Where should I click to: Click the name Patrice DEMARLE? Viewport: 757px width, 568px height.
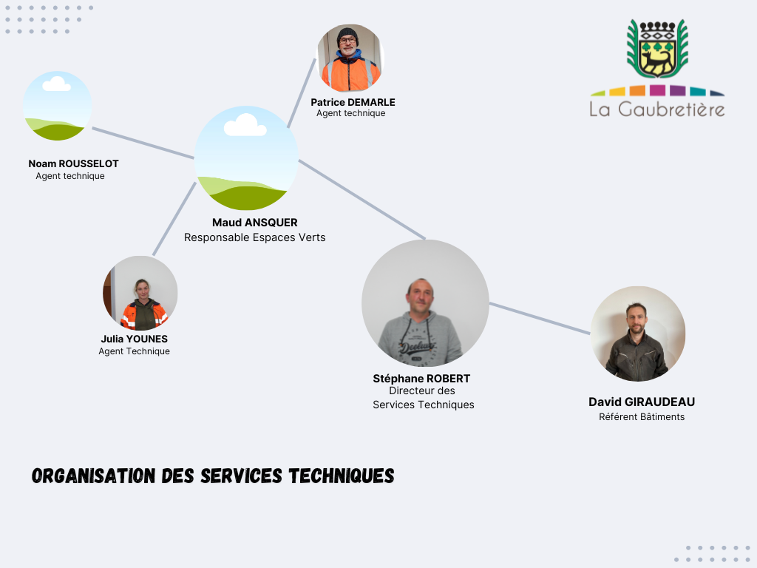click(353, 102)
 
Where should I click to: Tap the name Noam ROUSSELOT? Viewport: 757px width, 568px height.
click(73, 163)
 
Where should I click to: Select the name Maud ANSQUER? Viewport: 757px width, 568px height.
click(255, 223)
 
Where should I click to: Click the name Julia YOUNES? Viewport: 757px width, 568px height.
click(135, 339)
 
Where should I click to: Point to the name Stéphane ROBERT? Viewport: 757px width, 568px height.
click(421, 379)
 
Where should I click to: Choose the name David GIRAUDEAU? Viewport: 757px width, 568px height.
click(642, 402)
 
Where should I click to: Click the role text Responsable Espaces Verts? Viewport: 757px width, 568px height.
click(255, 237)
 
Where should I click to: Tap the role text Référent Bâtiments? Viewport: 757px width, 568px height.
click(642, 417)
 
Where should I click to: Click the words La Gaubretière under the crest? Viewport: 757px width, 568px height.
click(657, 109)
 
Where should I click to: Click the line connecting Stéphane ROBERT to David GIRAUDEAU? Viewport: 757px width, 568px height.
click(540, 318)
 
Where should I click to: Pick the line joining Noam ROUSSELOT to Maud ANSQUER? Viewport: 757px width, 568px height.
click(143, 143)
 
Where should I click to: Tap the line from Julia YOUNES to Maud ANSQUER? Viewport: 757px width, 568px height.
click(174, 219)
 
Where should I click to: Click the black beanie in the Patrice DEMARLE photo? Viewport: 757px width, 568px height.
click(347, 35)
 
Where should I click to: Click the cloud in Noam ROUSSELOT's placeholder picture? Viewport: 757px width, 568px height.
click(56, 84)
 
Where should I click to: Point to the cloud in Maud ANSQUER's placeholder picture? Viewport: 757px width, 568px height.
click(245, 125)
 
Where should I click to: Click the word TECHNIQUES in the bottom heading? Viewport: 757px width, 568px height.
click(342, 476)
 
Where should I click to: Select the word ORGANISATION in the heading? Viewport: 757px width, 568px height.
click(94, 476)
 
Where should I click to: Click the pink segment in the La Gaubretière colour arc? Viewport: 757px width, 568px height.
click(657, 90)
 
